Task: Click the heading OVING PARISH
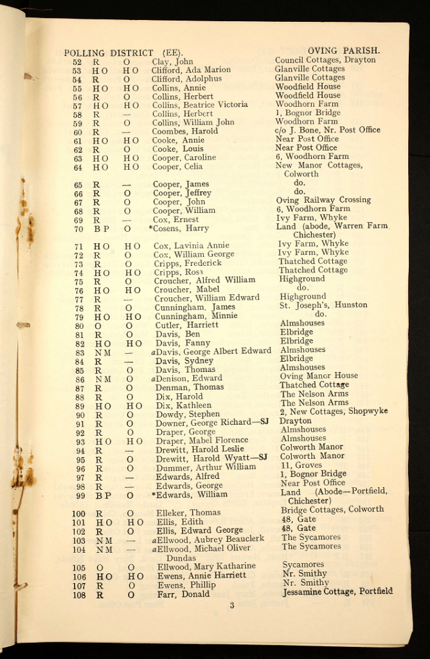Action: (x=343, y=50)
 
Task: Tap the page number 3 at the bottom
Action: (x=232, y=605)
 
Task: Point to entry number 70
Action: (x=78, y=228)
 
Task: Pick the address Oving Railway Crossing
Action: (x=323, y=200)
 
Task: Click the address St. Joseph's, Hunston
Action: (x=323, y=305)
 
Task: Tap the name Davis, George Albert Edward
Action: (x=212, y=351)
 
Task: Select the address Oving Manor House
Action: (x=319, y=376)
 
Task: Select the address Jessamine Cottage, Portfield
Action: (x=337, y=591)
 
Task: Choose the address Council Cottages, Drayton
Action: (x=325, y=60)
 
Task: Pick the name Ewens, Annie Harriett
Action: (x=201, y=575)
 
